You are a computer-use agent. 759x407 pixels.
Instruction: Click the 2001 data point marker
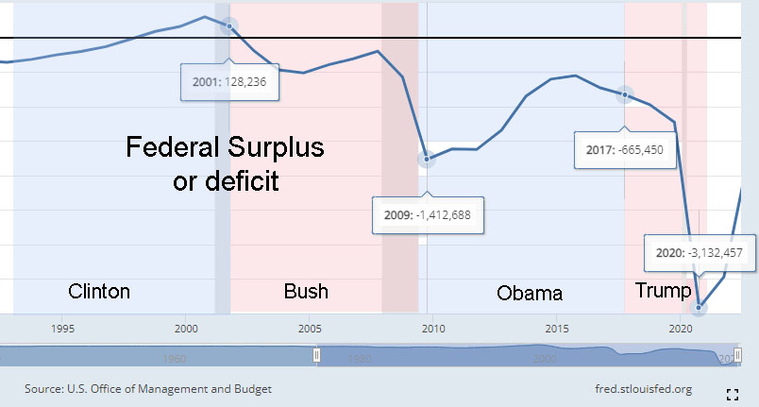click(x=228, y=25)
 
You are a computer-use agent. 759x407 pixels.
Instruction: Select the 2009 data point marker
click(x=428, y=159)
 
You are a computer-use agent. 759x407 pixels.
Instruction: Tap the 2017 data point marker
click(x=625, y=95)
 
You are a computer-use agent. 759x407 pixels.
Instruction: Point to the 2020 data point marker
click(x=700, y=307)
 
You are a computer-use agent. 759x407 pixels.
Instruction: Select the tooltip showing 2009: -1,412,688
click(x=427, y=214)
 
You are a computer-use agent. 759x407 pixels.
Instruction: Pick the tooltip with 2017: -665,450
click(x=625, y=150)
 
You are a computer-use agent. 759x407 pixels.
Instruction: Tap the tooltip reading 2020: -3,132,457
click(x=700, y=252)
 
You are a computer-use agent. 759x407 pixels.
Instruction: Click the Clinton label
click(x=99, y=291)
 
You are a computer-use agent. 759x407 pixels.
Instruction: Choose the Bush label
click(x=306, y=291)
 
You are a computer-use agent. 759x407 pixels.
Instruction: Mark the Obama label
click(x=529, y=293)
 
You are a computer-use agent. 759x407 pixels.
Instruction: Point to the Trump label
click(x=663, y=290)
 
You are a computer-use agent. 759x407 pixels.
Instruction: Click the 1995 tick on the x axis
click(x=62, y=329)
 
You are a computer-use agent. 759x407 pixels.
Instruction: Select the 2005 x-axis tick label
click(x=310, y=329)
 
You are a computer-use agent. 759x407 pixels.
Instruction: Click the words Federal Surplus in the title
click(x=225, y=148)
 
